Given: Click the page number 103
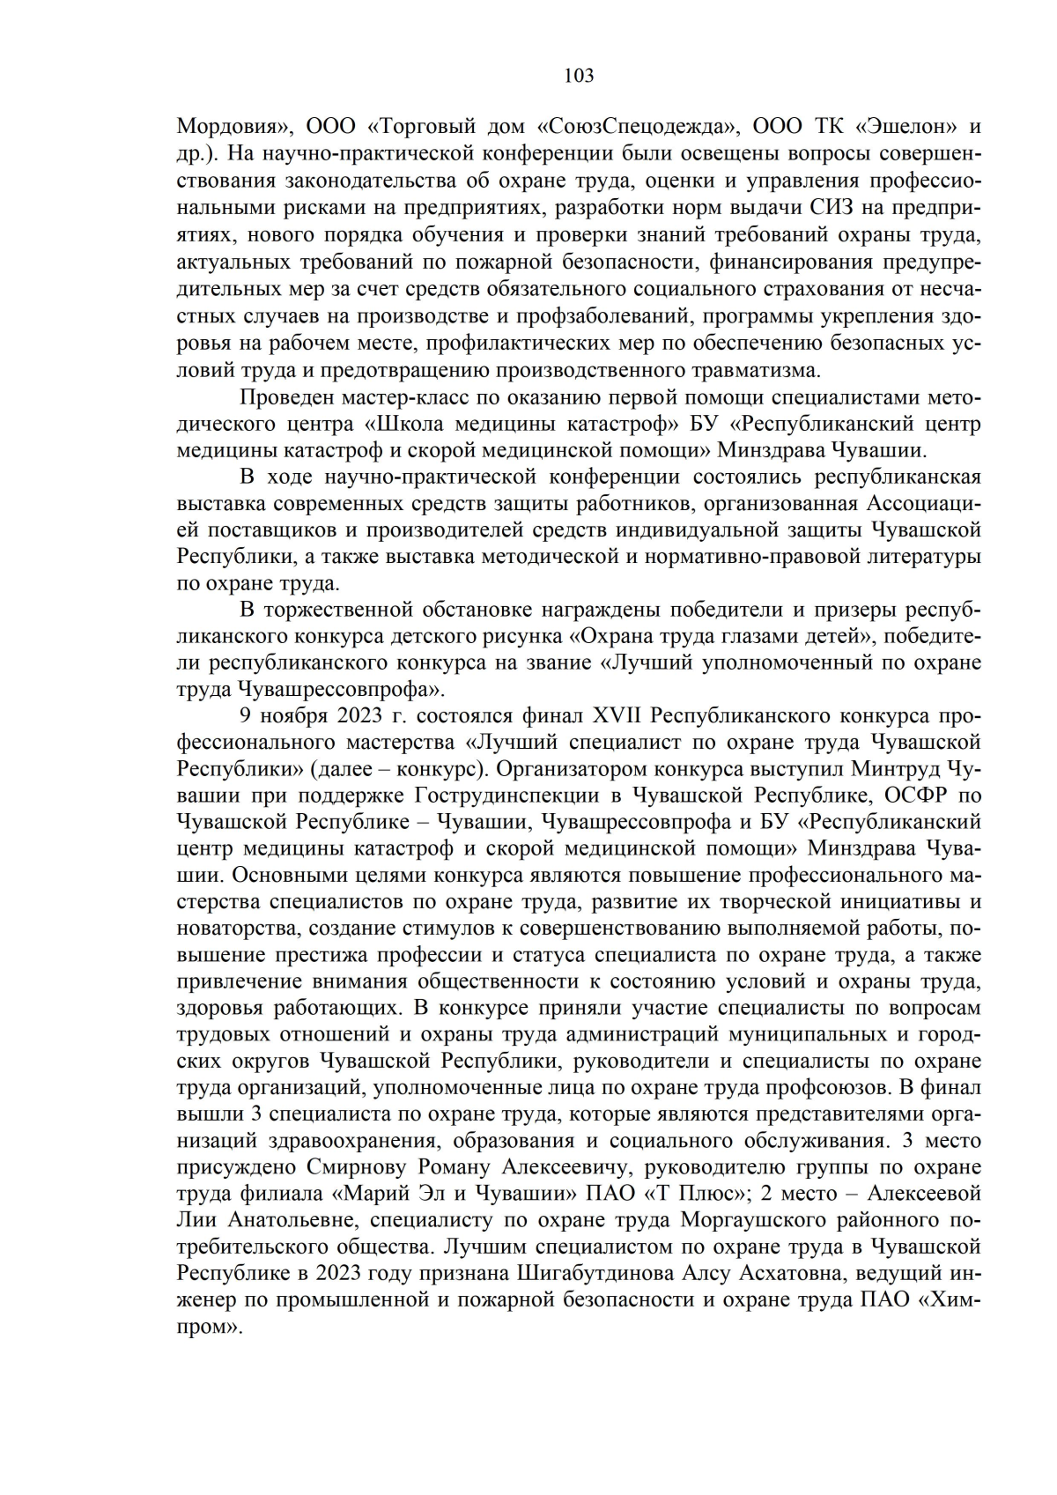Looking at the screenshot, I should pos(579,76).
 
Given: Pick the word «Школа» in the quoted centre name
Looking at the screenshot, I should pos(418,424).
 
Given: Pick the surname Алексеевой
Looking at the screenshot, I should pos(925,1195).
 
